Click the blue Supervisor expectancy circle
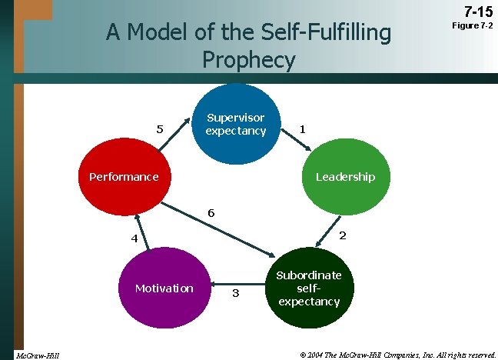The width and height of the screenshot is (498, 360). point(234,123)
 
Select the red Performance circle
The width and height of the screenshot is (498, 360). point(123,177)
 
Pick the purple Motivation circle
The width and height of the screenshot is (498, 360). point(164,288)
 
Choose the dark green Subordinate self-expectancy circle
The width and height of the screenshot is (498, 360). point(309,288)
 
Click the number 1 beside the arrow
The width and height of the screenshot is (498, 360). point(304,129)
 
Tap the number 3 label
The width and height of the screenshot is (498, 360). point(235,293)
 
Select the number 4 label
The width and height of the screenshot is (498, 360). point(134,238)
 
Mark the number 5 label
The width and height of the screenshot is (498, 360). point(160,129)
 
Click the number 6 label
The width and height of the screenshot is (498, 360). point(211,212)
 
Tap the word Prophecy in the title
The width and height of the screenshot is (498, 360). point(248,59)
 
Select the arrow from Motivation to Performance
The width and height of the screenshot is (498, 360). point(138,231)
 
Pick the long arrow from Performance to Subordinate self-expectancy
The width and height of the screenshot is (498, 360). point(223,230)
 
